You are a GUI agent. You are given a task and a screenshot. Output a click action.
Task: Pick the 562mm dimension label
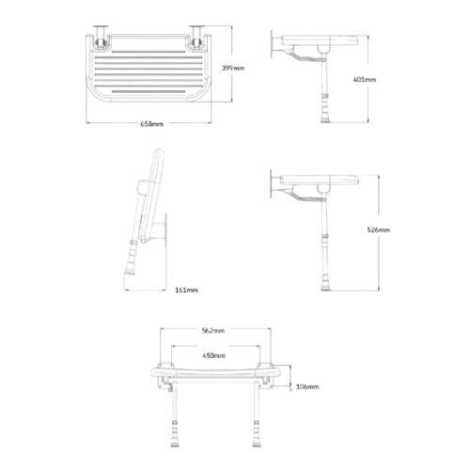coord(213,330)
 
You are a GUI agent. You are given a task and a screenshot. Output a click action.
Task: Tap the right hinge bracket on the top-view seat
coord(200,38)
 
